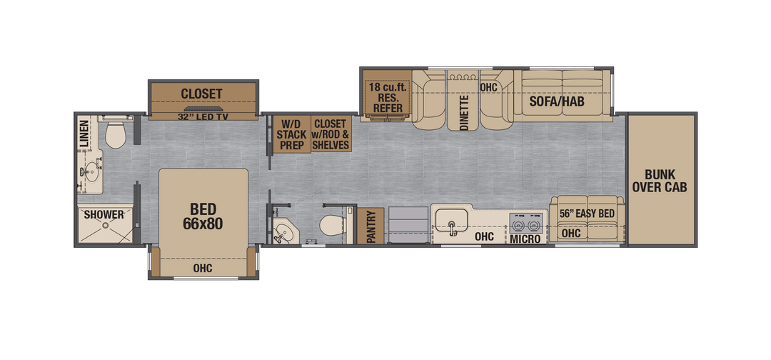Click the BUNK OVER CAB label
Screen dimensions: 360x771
click(x=660, y=181)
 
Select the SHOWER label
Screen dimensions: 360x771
click(x=104, y=214)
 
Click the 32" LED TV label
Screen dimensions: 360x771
click(x=202, y=116)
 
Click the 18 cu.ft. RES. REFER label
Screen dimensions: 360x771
click(x=385, y=97)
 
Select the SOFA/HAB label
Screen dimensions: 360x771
click(x=557, y=101)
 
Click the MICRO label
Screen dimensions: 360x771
click(x=525, y=239)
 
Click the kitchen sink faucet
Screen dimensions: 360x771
click(x=452, y=228)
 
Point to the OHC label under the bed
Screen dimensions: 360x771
click(x=203, y=268)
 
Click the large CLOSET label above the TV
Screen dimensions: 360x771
click(x=201, y=94)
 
